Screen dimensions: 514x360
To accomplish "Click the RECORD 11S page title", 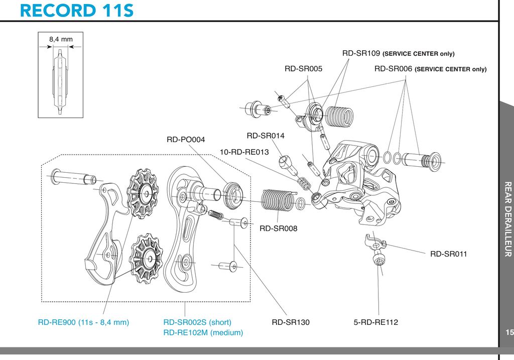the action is pos(77,11).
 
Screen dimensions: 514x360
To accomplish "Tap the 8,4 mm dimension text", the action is pos(61,39).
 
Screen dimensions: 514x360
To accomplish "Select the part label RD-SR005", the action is pos(303,69).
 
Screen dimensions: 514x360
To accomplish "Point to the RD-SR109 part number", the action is pos(361,53).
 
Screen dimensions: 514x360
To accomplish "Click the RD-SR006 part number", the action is pos(393,69).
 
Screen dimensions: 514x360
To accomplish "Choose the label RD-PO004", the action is pos(186,140).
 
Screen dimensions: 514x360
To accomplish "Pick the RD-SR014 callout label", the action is pos(266,136).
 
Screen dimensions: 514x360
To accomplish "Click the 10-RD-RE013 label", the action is pos(244,152).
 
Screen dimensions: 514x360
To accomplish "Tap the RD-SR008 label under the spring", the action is pos(278,228).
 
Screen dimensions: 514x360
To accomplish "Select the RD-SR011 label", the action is pos(448,254).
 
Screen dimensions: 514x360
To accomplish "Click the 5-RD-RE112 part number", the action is pos(375,322).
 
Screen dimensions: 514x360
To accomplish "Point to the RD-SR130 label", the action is pos(291,322).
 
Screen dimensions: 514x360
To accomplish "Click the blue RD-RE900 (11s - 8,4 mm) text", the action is pos(84,322).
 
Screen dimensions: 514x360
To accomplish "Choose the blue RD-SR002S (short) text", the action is pos(197,322).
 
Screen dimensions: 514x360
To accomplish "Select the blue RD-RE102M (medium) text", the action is pos(203,333).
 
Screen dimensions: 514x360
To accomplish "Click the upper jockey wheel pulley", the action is pos(144,193).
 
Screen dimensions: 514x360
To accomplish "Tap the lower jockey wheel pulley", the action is pos(147,259).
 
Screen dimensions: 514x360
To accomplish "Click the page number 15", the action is pos(509,332).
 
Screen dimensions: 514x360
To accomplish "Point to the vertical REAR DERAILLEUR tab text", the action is pos(508,219).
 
